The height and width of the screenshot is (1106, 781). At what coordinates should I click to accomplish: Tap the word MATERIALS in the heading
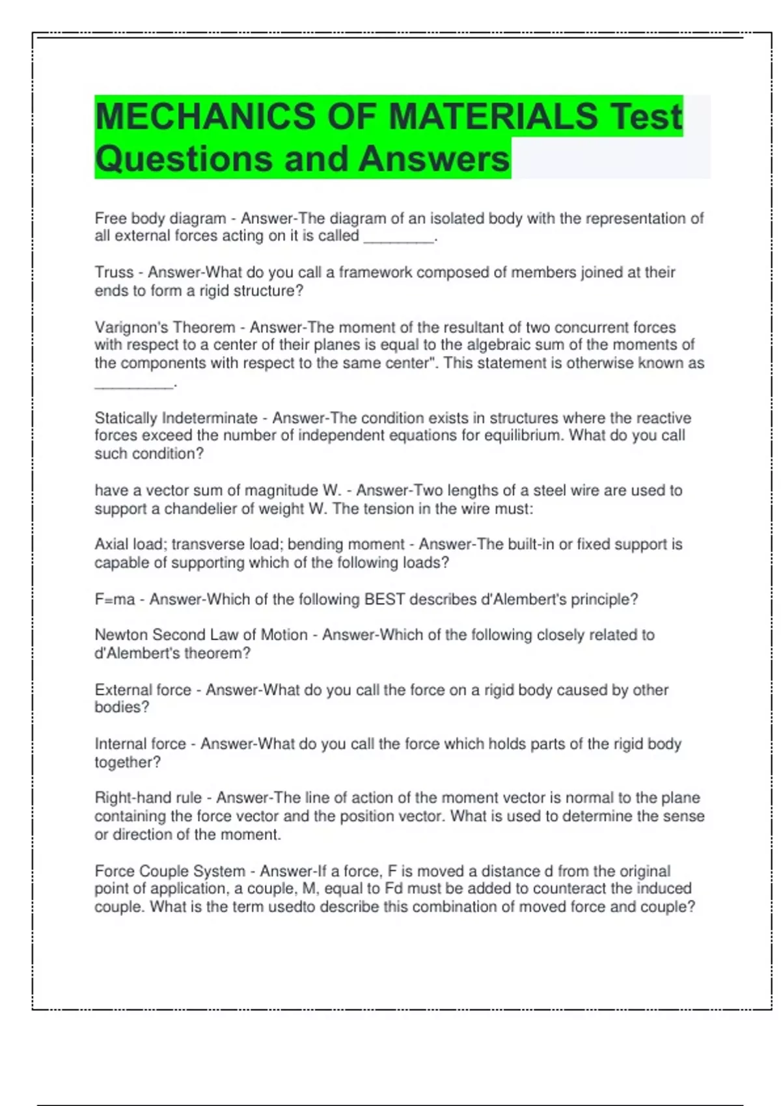[493, 116]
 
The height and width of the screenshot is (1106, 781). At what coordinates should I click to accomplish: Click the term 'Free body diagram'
[160, 219]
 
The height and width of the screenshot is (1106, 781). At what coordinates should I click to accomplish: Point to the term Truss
[114, 273]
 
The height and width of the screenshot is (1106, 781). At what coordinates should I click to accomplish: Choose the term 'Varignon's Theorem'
[165, 327]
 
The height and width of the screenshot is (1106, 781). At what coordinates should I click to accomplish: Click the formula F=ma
[115, 599]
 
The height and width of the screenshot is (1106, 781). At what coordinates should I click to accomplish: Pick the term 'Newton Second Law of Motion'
[201, 635]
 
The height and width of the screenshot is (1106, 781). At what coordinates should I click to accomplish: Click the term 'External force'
[143, 690]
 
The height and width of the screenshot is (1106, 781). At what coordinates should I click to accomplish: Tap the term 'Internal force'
[140, 744]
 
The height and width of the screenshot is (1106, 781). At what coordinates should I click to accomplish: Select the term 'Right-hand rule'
[148, 798]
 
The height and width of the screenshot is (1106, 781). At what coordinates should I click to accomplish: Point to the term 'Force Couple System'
[170, 871]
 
